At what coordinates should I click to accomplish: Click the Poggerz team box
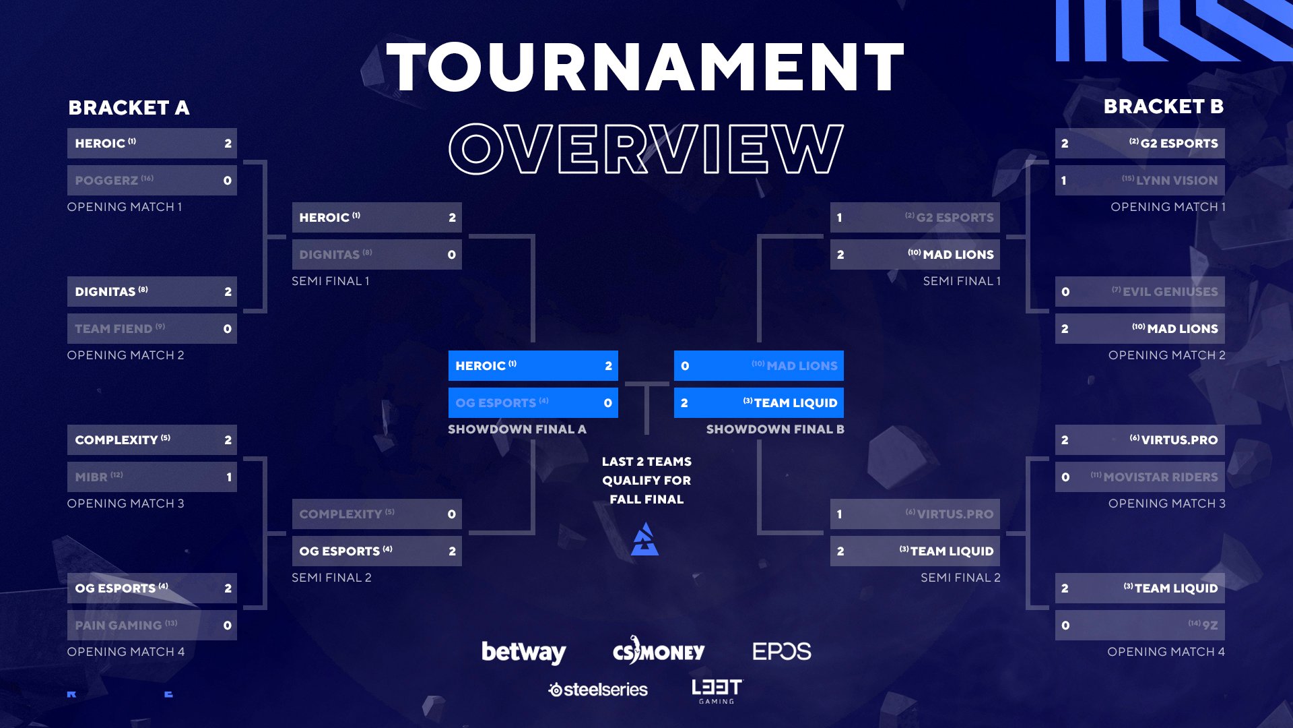tap(152, 181)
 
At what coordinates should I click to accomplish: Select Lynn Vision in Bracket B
tap(1139, 181)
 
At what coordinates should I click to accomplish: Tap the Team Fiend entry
tap(152, 329)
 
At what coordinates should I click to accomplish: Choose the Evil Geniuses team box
tap(1139, 292)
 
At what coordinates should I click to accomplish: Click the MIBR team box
tap(152, 477)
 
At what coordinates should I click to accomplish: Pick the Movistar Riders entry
tap(1139, 477)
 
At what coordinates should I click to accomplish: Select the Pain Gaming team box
tap(152, 626)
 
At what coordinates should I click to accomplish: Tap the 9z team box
tap(1139, 626)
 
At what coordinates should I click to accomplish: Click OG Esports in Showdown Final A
tap(533, 403)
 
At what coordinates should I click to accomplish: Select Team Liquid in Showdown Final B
tap(759, 403)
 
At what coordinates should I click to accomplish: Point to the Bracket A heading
tap(129, 108)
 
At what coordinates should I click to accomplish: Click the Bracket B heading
tap(1164, 107)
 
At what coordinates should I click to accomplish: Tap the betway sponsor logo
tap(524, 652)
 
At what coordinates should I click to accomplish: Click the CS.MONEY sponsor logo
tap(659, 650)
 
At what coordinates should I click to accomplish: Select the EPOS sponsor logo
tap(782, 651)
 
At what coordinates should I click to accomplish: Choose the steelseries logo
tap(598, 690)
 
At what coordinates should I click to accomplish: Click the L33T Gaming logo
tap(717, 691)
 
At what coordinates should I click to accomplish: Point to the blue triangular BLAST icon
tap(645, 539)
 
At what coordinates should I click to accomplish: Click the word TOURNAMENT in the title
tap(645, 67)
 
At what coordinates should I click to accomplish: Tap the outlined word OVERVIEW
tap(646, 148)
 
